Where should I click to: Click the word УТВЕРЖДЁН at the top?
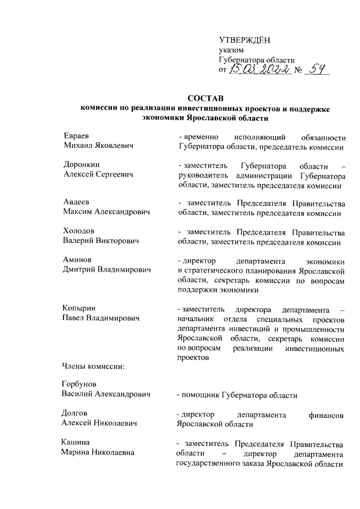[x=244, y=39]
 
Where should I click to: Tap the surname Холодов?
[x=78, y=231]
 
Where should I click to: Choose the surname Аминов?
[x=76, y=260]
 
